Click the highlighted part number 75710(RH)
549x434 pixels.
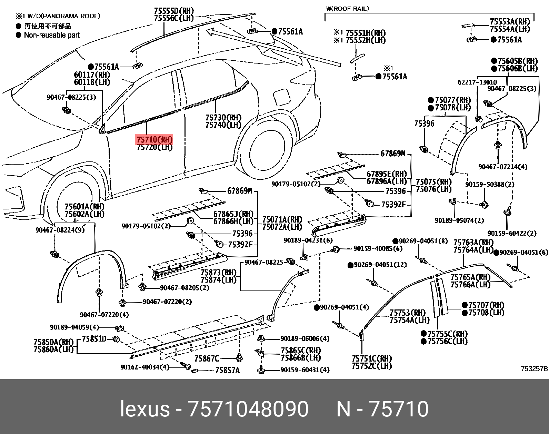(154, 140)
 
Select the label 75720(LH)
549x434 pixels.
(154, 147)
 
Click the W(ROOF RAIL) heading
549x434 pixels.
(347, 9)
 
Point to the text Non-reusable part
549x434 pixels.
(52, 35)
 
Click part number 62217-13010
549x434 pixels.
(477, 82)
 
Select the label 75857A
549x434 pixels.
(227, 370)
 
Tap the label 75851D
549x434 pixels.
(94, 339)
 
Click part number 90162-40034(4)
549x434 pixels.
(145, 367)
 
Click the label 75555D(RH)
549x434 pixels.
(174, 11)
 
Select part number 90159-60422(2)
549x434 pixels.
(512, 233)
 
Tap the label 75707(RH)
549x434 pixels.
(486, 305)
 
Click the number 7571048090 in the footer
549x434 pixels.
(247, 409)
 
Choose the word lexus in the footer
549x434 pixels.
(145, 409)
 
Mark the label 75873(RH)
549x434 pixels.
(219, 272)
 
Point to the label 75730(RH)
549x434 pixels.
(223, 117)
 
